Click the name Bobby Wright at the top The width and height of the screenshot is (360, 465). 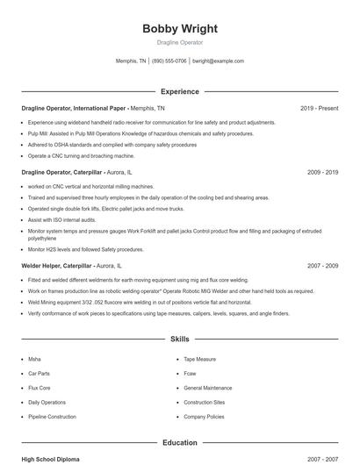pos(179,29)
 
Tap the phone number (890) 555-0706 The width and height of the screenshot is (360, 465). pos(169,61)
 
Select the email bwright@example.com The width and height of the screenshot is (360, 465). pos(218,61)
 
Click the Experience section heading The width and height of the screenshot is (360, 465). pos(179,91)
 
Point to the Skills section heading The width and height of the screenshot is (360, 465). pos(179,338)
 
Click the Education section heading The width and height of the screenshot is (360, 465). pos(179,443)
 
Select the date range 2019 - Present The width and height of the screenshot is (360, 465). pos(319,108)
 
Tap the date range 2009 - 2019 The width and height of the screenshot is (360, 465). pos(322,173)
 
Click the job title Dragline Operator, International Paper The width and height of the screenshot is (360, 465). pos(74,108)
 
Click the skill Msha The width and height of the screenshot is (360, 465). pos(34,360)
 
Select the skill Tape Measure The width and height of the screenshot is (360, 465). pos(199,360)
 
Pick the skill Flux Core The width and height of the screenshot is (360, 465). pos(39,388)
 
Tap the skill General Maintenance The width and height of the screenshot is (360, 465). pos(208,388)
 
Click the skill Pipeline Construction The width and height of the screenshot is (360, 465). pos(52,417)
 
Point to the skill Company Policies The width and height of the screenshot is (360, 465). pos(204,417)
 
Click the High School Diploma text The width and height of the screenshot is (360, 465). pos(51,459)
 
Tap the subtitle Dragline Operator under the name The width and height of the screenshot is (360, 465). pos(179,42)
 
